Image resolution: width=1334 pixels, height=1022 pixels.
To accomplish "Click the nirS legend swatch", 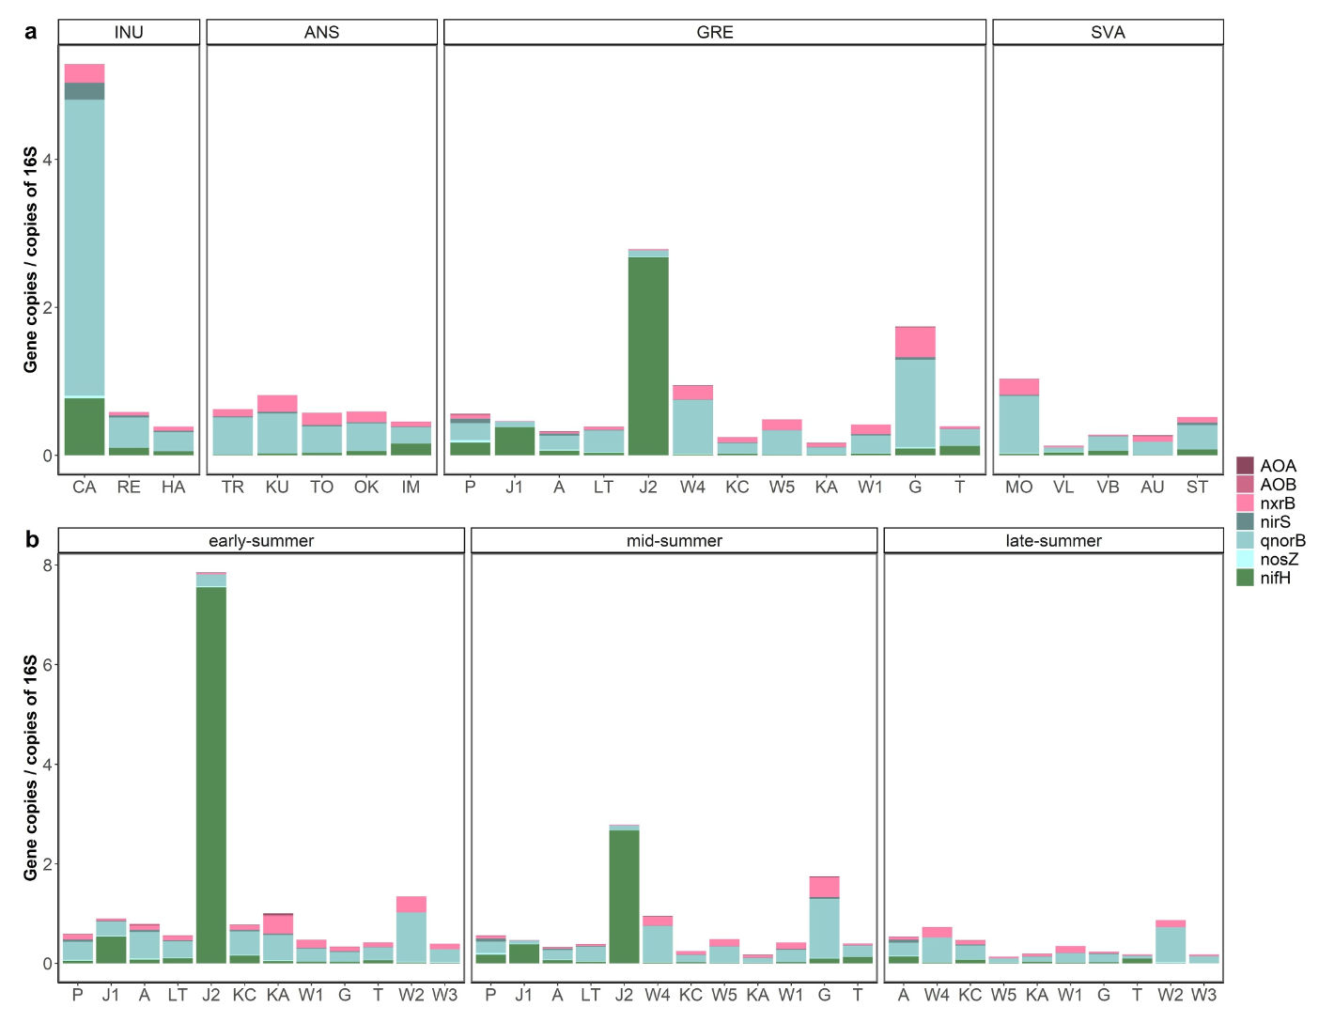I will pos(1245,521).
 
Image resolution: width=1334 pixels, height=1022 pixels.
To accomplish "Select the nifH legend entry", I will pos(1275,578).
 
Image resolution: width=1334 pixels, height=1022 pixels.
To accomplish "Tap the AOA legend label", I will pos(1278,466).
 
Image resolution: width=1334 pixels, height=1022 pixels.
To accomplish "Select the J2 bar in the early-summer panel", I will pos(211,770).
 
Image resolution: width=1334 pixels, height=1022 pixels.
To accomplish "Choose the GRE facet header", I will pos(715,32).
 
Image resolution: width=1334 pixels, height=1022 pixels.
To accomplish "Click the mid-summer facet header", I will pos(674,541).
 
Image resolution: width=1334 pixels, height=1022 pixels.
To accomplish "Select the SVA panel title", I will pos(1108,32).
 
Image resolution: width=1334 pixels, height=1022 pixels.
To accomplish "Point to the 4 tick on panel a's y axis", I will pos(47,160).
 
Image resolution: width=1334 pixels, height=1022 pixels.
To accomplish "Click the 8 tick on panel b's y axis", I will pos(47,565).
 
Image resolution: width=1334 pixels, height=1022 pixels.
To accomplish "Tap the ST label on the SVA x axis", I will pos(1197,487).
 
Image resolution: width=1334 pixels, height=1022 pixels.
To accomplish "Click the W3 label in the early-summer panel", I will pos(444,995).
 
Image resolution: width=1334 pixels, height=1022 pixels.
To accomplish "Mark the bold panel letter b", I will pos(32,539).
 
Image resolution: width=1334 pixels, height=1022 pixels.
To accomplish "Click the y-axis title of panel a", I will pos(31,258).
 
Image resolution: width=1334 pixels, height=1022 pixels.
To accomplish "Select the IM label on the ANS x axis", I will pos(411,487).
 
